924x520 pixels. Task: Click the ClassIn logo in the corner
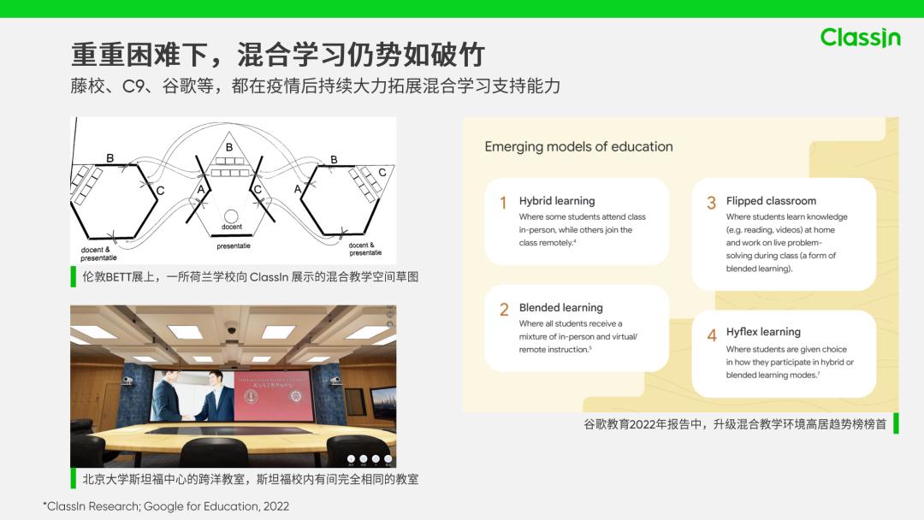(x=860, y=38)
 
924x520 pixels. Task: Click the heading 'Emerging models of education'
(x=578, y=146)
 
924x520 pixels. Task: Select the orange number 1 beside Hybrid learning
(x=503, y=203)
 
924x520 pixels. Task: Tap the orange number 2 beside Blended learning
(x=504, y=310)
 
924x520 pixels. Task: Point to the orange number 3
(x=711, y=203)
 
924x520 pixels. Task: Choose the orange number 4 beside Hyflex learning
(x=711, y=335)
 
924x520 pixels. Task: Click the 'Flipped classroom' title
(x=771, y=201)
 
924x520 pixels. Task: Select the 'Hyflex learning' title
(x=763, y=332)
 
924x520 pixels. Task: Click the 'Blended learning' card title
(x=560, y=308)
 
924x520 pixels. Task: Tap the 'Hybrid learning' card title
(x=556, y=201)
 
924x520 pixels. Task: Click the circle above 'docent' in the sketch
(x=231, y=216)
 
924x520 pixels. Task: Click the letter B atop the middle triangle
(x=229, y=148)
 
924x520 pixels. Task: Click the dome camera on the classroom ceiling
(x=231, y=328)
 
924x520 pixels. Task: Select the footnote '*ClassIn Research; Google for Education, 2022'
(x=166, y=506)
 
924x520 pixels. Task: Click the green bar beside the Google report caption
(x=896, y=423)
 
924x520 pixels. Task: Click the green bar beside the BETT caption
(x=74, y=276)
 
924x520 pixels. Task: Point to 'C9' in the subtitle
(x=133, y=86)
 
